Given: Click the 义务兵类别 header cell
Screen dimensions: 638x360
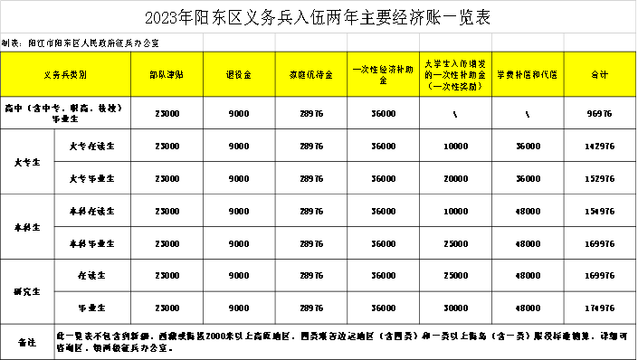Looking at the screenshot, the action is point(65,74).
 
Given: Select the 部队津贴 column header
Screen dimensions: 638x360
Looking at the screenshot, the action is point(167,74).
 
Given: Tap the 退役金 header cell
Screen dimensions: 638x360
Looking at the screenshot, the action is point(239,74).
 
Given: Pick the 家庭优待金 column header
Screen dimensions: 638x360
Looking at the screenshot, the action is point(311,74).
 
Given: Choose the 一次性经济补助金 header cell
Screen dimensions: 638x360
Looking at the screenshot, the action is point(383,74).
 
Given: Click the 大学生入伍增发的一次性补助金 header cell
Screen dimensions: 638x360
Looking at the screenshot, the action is point(455,74).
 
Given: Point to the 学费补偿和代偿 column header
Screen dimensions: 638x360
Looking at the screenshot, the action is point(528,74).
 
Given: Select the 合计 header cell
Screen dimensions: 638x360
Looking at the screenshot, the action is point(599,74).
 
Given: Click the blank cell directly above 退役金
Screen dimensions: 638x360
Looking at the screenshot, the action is point(239,43).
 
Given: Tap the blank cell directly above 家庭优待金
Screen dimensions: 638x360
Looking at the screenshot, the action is point(311,43).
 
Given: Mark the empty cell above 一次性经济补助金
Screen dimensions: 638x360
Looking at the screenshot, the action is point(383,43).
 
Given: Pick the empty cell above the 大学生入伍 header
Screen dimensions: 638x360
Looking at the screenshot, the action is point(455,43).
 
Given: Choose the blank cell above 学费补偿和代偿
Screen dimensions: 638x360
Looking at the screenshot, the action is point(528,43).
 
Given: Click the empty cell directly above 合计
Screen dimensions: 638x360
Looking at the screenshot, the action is point(599,43).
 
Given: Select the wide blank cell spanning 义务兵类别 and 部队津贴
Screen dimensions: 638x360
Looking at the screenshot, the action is point(101,43).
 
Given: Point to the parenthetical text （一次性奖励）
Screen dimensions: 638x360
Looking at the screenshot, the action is point(455,87).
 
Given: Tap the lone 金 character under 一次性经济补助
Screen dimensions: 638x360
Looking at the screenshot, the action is point(383,81).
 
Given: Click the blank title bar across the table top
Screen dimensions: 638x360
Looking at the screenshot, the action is point(319,16).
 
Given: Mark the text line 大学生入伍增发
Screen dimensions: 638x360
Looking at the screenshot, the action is point(455,63).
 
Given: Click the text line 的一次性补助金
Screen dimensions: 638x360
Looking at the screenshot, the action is point(455,75).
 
